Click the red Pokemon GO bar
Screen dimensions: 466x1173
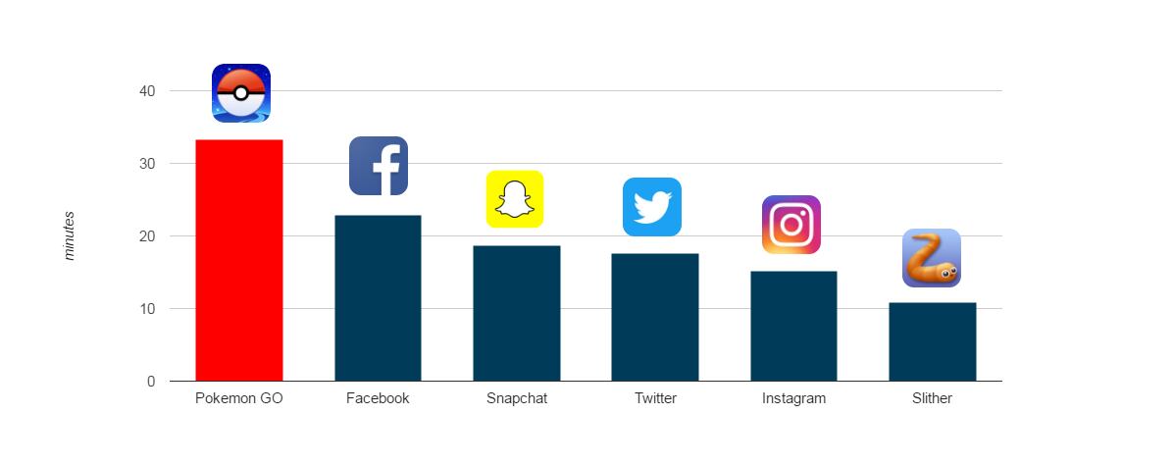coord(239,260)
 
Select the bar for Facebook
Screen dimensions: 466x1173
coord(378,297)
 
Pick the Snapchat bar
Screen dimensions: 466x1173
coord(516,313)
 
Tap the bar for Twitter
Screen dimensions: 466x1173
coord(654,317)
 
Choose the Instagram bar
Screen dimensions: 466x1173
coord(793,326)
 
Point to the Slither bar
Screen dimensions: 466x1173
coord(932,341)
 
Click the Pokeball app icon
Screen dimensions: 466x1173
coord(241,93)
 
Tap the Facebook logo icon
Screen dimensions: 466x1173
coord(379,166)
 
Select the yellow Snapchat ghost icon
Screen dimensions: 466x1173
coord(515,199)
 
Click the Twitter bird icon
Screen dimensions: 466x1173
coord(652,207)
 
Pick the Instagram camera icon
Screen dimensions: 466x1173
coord(791,225)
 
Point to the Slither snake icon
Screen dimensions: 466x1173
coord(932,258)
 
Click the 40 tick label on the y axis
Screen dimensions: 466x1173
coord(147,91)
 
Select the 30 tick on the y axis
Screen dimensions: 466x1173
coord(147,164)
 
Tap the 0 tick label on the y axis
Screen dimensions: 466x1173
coord(151,382)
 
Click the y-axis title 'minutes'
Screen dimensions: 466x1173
coord(70,235)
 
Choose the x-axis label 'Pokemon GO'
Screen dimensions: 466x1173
coord(239,398)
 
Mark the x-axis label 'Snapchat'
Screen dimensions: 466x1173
coord(517,398)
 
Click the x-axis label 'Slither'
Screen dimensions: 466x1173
coord(932,398)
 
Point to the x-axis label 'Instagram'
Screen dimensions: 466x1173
coord(793,398)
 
